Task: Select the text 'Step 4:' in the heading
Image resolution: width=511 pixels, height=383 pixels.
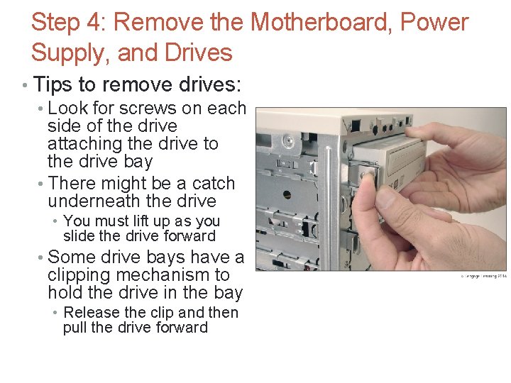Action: [68, 22]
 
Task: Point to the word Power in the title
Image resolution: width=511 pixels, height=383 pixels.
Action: [434, 22]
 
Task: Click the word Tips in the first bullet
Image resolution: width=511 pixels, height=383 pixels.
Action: [53, 85]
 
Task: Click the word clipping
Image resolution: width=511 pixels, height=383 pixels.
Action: [77, 274]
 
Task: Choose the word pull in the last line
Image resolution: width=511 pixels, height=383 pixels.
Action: [75, 328]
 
